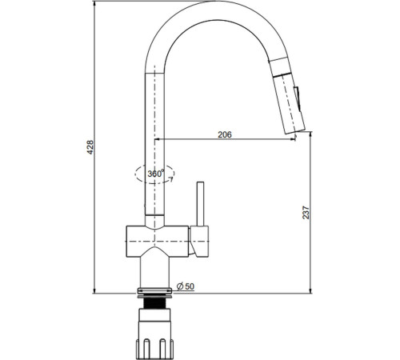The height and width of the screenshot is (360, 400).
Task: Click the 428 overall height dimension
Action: pyautogui.click(x=90, y=146)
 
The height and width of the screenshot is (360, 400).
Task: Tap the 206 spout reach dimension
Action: pyautogui.click(x=225, y=134)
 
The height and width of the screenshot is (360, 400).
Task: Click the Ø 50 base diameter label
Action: pyautogui.click(x=186, y=286)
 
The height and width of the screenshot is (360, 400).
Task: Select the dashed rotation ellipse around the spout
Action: pyautogui.click(x=154, y=174)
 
